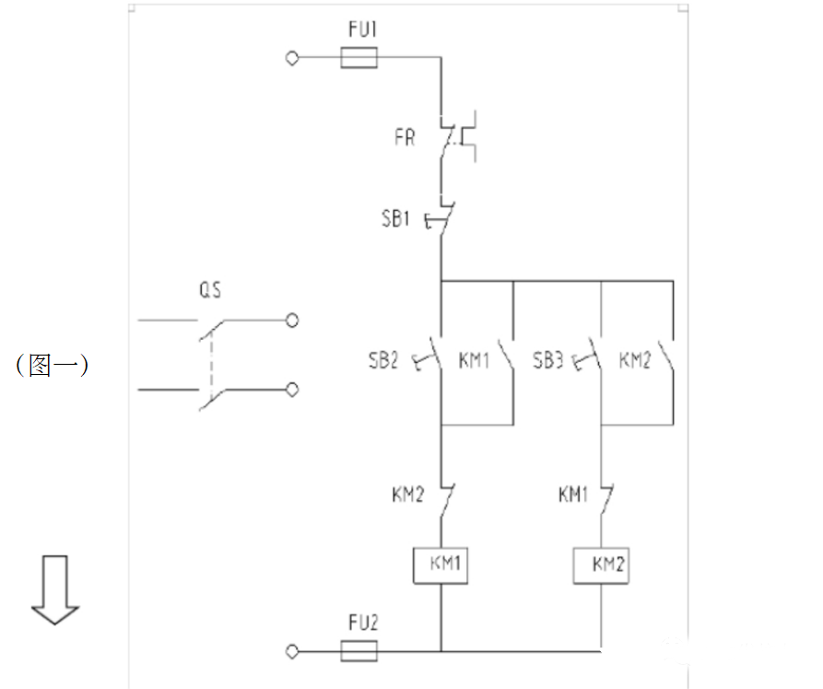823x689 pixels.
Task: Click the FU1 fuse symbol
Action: (359, 59)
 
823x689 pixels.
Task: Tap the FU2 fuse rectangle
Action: (359, 651)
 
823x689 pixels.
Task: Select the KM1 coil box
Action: (441, 565)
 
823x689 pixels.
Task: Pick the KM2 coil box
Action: (603, 565)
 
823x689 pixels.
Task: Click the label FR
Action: (404, 139)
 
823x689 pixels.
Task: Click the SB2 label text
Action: (382, 360)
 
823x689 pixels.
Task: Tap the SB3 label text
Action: (548, 360)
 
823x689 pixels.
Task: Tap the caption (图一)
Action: (52, 366)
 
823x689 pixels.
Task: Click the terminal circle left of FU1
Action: (293, 59)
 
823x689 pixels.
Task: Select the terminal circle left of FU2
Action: (293, 651)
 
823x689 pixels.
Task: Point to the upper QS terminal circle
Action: (292, 321)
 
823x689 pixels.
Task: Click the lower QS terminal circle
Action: (292, 390)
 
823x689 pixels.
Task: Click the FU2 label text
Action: (362, 624)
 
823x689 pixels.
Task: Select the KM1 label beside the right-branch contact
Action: (572, 496)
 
